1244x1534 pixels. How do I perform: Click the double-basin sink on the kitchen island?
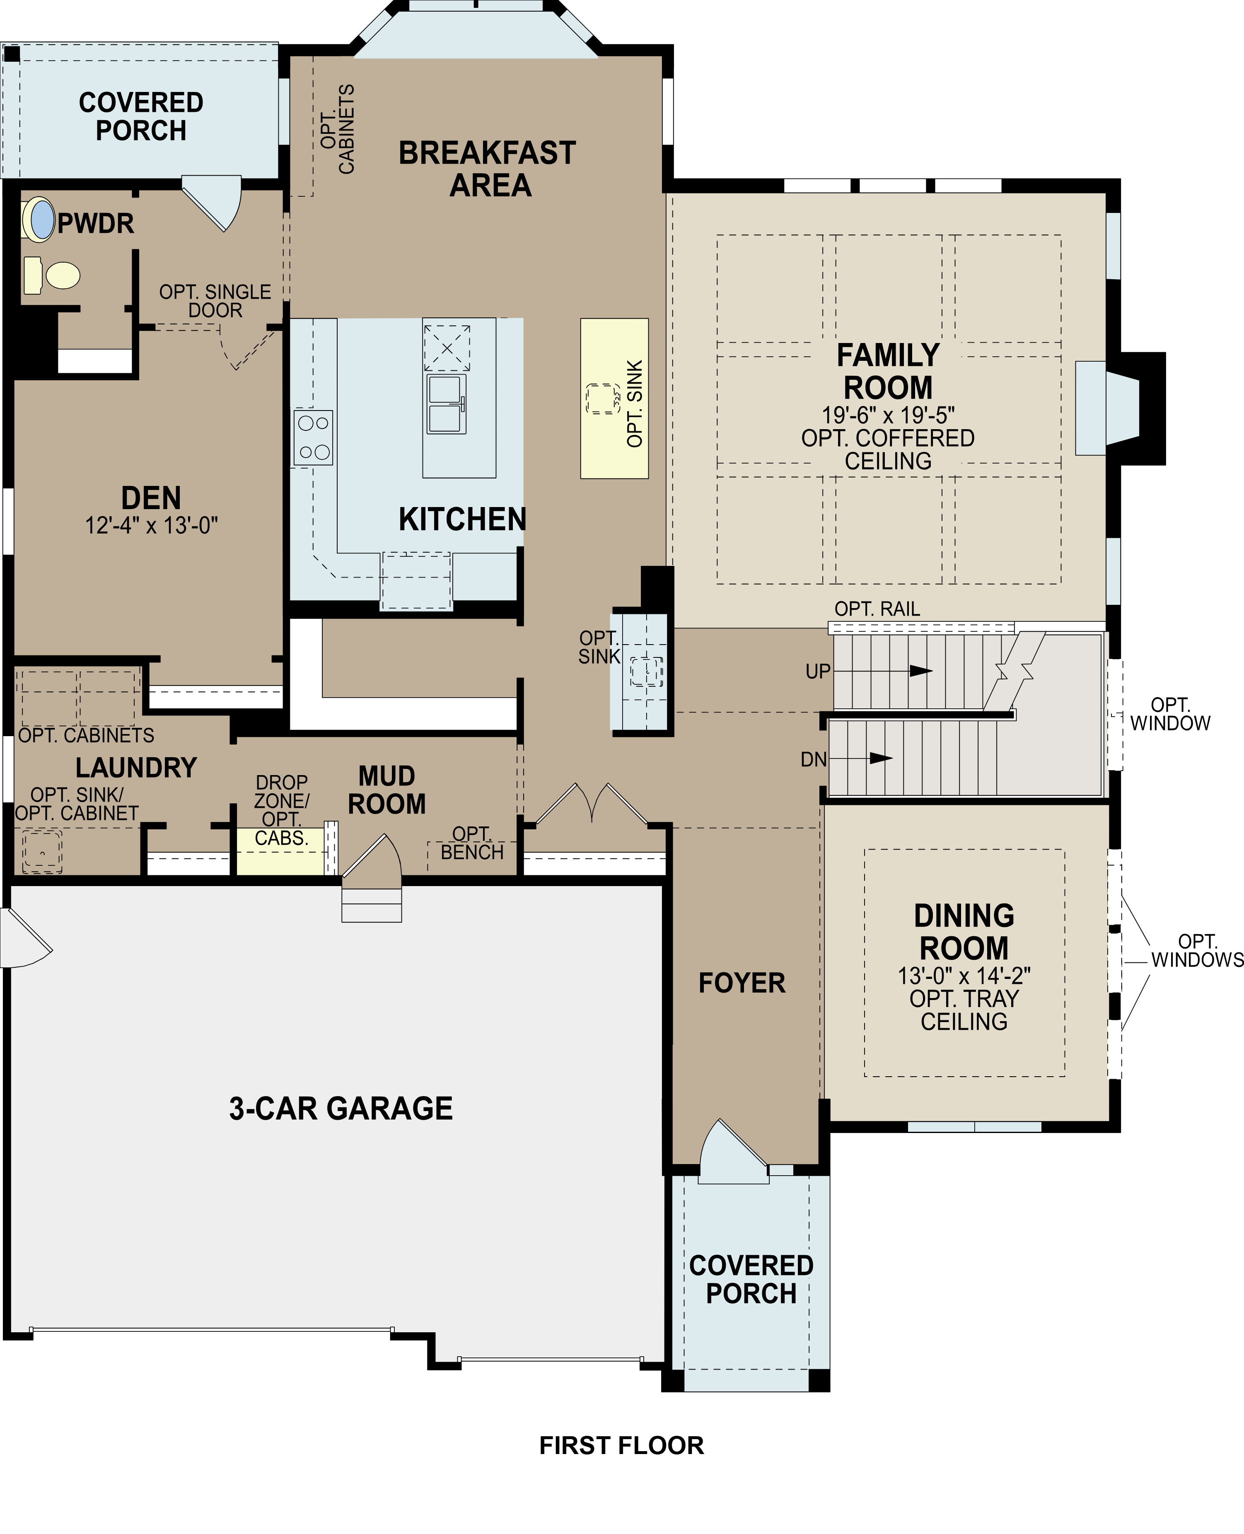point(447,403)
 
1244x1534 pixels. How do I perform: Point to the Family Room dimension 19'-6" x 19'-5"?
point(888,415)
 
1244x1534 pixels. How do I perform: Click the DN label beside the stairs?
point(813,759)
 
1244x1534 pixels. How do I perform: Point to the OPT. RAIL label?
point(877,609)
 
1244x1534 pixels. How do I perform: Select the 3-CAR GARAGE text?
point(341,1109)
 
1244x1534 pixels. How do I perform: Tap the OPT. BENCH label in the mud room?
point(471,843)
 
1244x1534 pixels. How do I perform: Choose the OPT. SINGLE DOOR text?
point(215,301)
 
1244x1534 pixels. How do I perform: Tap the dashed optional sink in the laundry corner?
point(41,851)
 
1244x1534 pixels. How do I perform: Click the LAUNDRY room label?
point(136,767)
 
